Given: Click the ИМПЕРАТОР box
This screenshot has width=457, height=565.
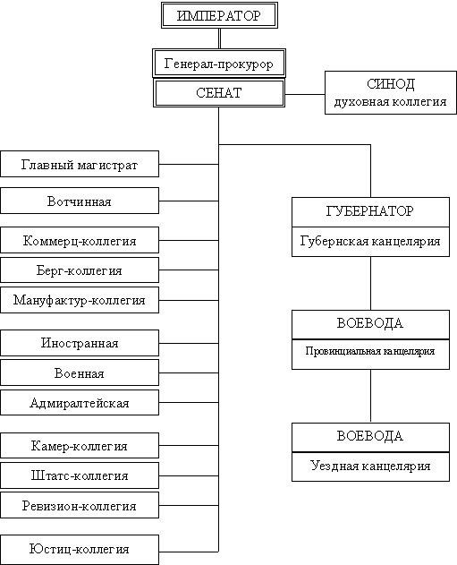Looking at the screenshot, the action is (219, 15).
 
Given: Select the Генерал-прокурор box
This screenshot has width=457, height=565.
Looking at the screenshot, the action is (219, 63).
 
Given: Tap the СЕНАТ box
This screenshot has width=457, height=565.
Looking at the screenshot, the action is (219, 93).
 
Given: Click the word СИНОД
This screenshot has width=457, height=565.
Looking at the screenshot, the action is (391, 84).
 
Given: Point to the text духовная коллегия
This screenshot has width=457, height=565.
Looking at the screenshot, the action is (391, 102).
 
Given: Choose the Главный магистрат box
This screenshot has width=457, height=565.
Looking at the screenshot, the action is (80, 164).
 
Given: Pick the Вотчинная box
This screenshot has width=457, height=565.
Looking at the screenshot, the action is (80, 201).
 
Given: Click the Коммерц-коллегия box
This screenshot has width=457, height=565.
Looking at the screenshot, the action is (80, 240).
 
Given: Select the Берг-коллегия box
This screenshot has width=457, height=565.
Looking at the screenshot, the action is (80, 270).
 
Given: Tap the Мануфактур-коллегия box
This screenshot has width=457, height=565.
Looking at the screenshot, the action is (80, 300).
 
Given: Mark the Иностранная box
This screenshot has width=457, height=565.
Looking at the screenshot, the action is (80, 343).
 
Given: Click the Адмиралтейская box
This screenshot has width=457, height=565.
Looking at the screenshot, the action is (80, 403).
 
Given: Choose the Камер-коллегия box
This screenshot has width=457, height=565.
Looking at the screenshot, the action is (80, 446).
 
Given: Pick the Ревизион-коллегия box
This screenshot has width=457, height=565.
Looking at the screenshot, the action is (80, 505).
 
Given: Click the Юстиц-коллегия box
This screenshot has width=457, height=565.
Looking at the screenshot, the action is (80, 550).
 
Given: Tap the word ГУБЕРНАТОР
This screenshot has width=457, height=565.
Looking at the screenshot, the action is (370, 210).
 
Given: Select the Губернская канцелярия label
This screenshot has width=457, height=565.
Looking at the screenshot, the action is (370, 241).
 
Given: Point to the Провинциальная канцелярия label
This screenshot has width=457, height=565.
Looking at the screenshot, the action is (370, 351).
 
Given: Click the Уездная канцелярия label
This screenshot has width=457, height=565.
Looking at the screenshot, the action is (370, 466).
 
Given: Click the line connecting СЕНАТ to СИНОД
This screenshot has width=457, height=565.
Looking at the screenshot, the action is (305, 94).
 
